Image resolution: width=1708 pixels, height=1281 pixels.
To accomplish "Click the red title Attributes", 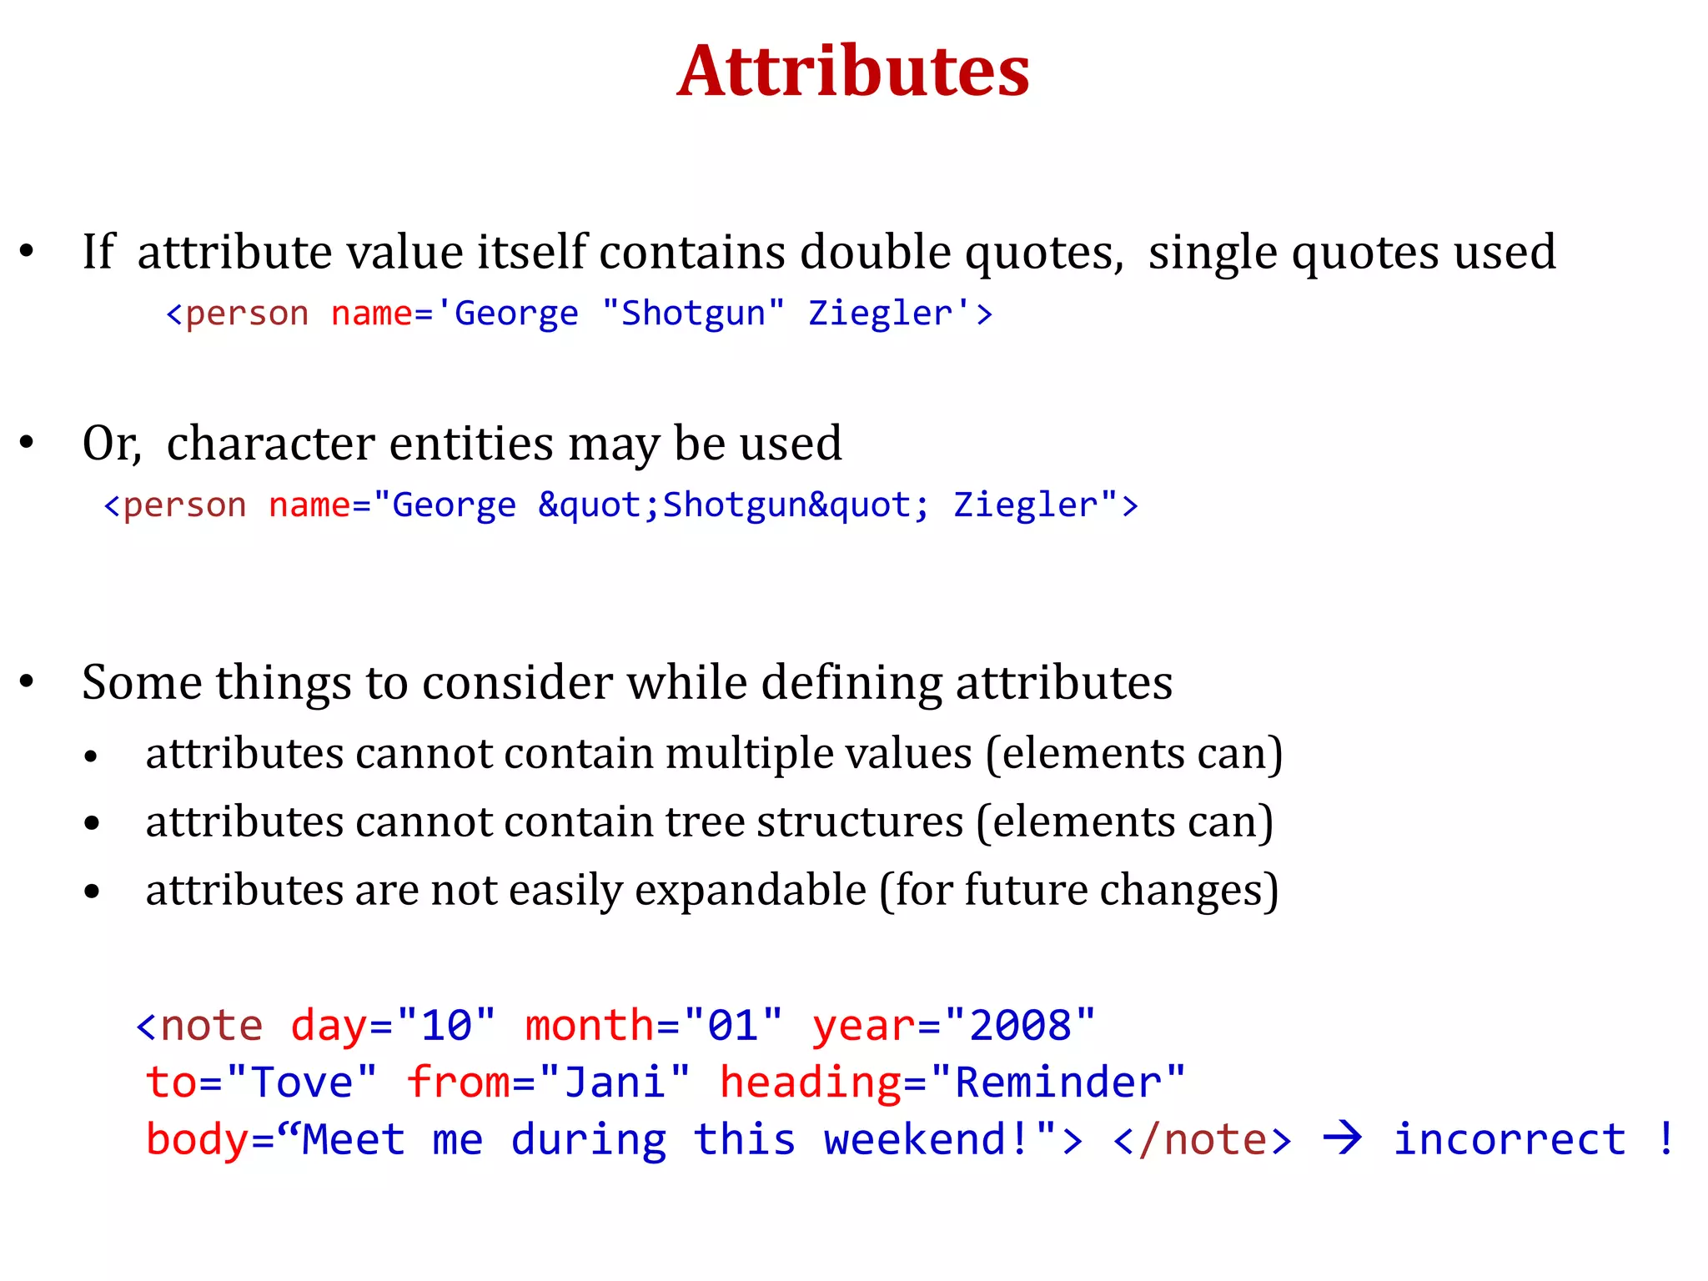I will tap(853, 72).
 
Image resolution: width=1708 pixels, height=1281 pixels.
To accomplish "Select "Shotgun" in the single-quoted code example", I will tap(693, 314).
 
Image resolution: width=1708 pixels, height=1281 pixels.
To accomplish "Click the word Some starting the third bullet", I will tap(141, 682).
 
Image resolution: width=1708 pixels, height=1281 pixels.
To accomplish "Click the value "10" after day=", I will tap(447, 1026).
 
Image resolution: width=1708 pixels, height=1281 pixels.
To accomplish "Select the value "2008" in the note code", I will tap(1021, 1026).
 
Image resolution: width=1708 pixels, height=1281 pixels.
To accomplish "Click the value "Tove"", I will tap(301, 1083).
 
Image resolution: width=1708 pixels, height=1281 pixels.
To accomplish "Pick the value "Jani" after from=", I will tap(615, 1083).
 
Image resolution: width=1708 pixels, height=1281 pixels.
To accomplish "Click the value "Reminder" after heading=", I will tap(1057, 1083).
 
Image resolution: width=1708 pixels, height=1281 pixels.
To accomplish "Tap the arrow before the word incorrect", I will tap(1343, 1138).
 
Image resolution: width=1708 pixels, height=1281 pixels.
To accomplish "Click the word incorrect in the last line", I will tap(1510, 1139).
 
